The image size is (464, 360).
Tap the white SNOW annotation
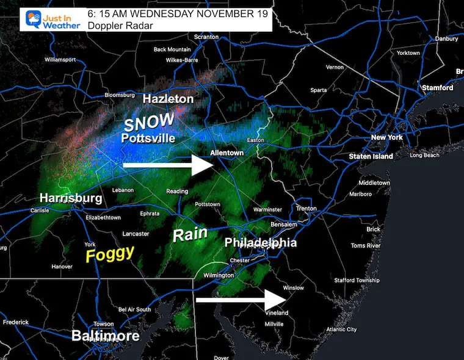coord(149,121)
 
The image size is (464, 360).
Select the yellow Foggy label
coord(110,253)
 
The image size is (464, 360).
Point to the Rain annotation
coord(190,234)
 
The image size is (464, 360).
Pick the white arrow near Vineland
coord(241,300)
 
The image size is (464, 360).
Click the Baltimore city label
coord(105,336)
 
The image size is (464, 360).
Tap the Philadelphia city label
coord(261,242)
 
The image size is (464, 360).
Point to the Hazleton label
coord(168,98)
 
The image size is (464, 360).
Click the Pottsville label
coord(148,139)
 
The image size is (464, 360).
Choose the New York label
coord(387,137)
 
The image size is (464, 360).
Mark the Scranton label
coord(206,37)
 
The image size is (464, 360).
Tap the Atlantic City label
coord(342,329)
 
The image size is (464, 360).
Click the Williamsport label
coord(63,60)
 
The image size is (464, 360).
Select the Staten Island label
coord(370,157)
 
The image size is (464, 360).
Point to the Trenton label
coord(306,209)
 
